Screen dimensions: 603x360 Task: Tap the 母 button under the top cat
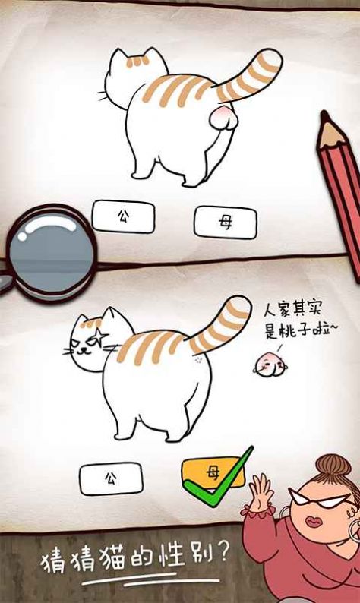click(225, 223)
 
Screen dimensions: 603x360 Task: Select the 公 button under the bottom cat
click(111, 478)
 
